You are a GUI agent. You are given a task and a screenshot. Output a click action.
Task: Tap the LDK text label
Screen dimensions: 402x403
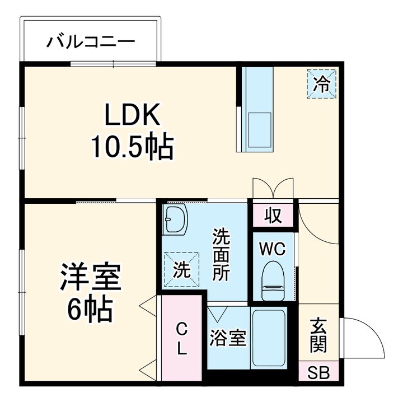133,115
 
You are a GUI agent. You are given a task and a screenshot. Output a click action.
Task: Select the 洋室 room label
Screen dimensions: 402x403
91,278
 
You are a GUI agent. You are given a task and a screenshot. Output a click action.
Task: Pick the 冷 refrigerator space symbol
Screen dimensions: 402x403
321,84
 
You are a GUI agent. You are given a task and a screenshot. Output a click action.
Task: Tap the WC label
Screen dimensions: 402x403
273,248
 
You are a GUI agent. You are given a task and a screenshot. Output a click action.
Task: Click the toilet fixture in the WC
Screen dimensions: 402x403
274,277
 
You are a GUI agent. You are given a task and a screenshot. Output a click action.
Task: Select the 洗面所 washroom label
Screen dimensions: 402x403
221,255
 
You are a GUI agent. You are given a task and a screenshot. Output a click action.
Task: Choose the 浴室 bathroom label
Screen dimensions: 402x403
228,338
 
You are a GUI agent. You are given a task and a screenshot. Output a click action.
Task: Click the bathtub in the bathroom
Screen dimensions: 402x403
269,338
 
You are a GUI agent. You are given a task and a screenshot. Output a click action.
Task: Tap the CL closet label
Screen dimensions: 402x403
181,338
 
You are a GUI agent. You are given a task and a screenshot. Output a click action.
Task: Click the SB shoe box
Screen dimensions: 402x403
318,372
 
